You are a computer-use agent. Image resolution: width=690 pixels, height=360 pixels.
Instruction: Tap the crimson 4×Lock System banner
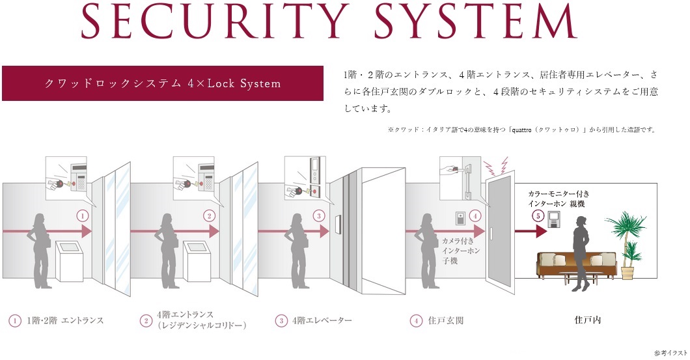coord(162,83)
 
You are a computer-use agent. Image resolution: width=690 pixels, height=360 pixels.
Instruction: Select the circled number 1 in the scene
coord(82,215)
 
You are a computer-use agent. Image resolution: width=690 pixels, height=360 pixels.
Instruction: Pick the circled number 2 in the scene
coord(208,215)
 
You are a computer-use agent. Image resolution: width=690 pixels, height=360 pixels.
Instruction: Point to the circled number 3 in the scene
coord(318,215)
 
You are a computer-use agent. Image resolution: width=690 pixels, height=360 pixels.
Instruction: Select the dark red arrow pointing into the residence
coord(530,231)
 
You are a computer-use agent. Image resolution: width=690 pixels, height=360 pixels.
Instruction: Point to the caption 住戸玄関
coord(445,320)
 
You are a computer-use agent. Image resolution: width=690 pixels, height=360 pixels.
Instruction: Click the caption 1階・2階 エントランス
coord(64,320)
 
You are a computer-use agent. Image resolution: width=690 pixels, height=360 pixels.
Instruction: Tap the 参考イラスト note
coord(670,353)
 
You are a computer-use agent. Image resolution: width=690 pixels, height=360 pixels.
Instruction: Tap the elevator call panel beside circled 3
coord(337,225)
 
